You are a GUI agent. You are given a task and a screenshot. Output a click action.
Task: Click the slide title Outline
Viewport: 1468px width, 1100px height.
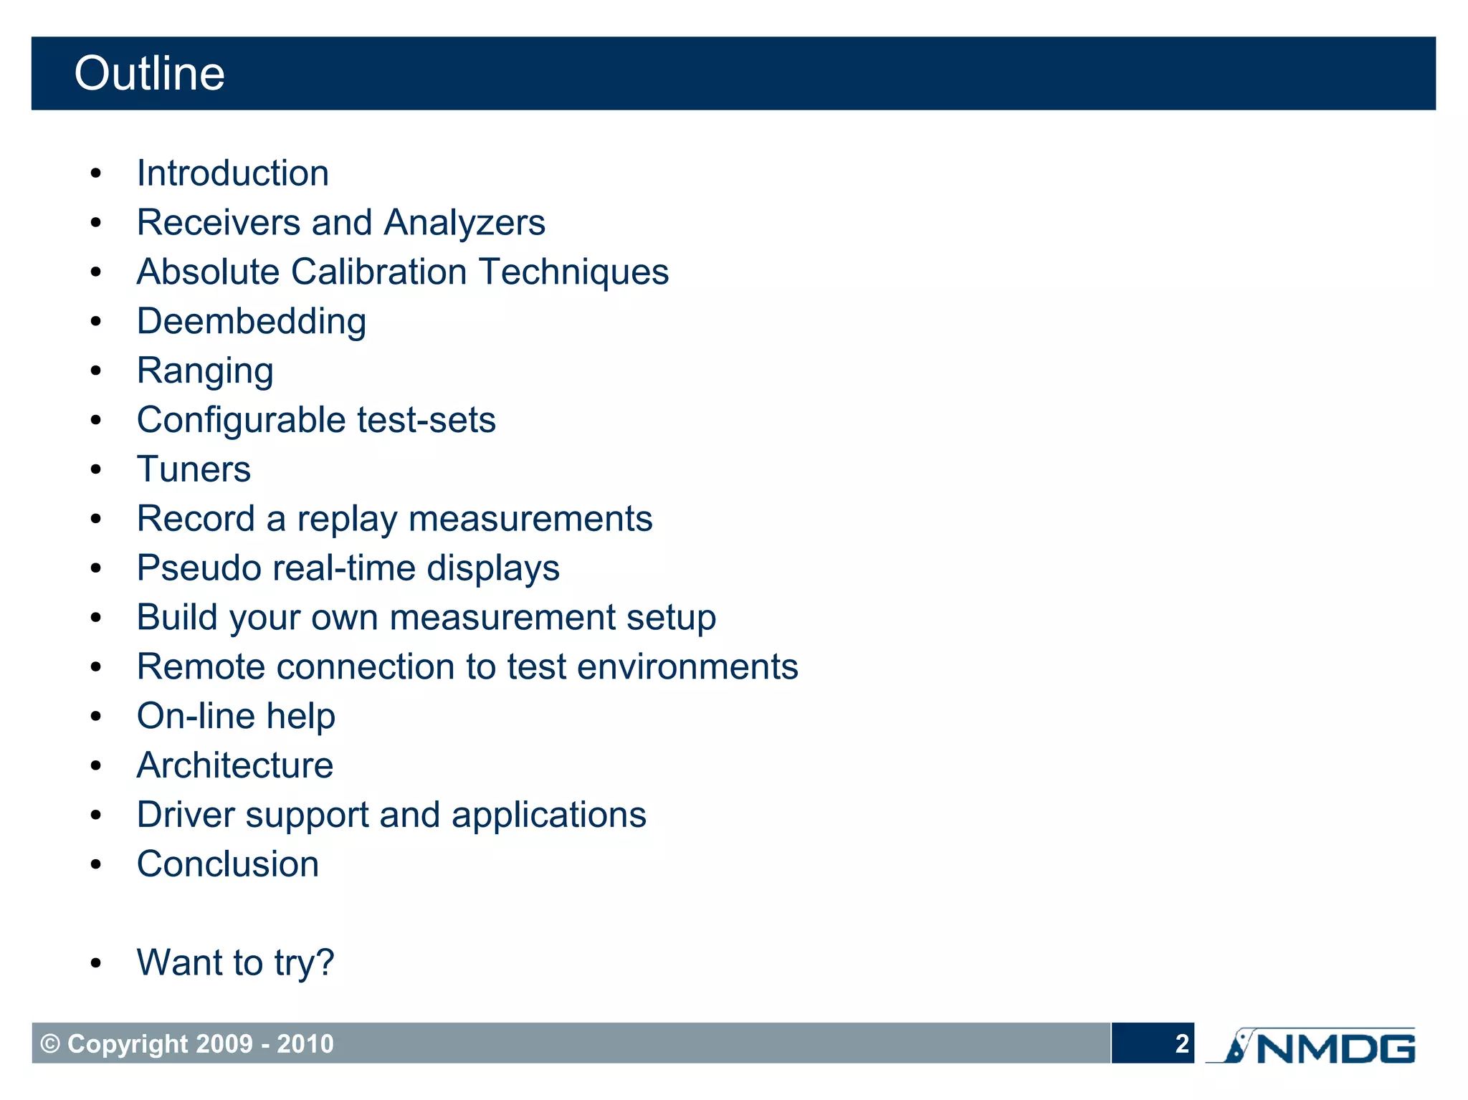click(x=149, y=74)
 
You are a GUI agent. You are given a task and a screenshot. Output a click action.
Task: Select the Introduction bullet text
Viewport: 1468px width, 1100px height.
click(x=233, y=173)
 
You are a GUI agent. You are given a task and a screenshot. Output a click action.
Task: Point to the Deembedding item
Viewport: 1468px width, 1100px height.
click(x=252, y=322)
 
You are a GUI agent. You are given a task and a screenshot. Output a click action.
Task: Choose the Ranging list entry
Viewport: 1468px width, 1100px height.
click(x=205, y=371)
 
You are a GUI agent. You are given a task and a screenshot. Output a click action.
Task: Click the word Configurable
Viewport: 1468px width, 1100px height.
click(x=242, y=421)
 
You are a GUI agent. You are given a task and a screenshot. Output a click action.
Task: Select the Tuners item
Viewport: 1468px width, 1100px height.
click(x=194, y=469)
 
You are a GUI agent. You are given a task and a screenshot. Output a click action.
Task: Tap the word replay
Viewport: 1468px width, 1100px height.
click(x=347, y=520)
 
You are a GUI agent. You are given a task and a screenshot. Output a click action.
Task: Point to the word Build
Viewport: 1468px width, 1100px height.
click(x=177, y=618)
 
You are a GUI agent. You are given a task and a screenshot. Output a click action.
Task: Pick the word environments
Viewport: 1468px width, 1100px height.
click(x=687, y=667)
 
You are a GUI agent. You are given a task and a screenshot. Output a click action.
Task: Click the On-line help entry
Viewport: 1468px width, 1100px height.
click(x=236, y=717)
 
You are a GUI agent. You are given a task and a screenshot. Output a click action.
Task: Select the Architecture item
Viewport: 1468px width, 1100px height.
click(x=235, y=765)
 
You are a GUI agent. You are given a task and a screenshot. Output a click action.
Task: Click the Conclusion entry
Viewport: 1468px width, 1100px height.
click(x=228, y=864)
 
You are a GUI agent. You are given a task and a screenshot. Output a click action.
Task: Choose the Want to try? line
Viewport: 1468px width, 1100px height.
click(x=235, y=962)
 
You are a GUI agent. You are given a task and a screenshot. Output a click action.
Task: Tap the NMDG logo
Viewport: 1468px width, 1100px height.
click(x=1312, y=1047)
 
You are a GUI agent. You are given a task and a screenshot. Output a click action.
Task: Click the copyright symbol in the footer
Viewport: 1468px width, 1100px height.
click(x=50, y=1044)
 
